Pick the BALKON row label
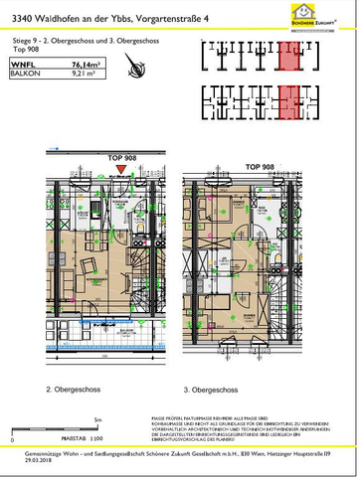[x=26, y=73]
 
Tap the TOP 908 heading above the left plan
[x=119, y=158]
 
